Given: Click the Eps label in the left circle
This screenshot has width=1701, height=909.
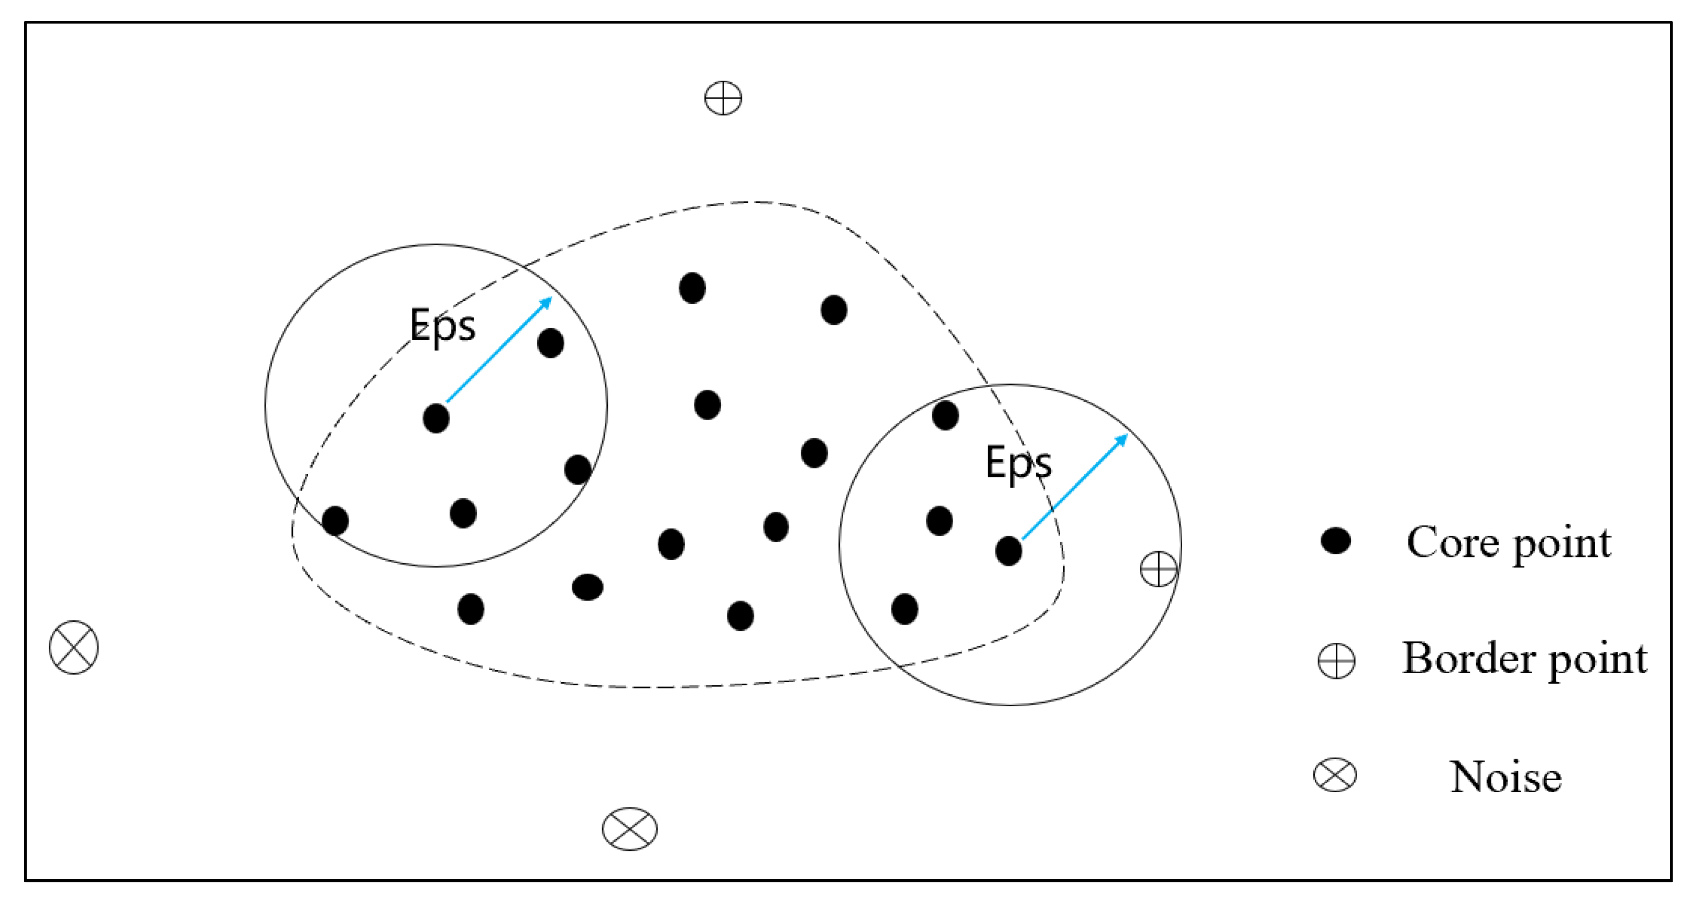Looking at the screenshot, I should point(442,325).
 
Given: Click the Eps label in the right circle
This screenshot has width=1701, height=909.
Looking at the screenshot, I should point(1018,462).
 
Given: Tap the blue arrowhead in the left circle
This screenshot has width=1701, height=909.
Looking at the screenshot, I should point(546,303).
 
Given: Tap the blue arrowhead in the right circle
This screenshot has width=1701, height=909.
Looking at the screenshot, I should point(1121,440).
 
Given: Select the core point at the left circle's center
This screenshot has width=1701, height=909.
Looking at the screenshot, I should point(436,418).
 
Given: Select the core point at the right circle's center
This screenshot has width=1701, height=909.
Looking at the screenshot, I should point(1008,551).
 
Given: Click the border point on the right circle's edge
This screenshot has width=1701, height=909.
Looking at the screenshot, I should point(1158,568).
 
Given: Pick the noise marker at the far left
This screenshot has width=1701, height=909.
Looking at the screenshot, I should point(74,647).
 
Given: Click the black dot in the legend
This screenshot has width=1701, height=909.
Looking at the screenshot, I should point(1335,541).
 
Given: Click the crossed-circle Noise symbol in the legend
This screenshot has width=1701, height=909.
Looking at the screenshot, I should point(1335,775).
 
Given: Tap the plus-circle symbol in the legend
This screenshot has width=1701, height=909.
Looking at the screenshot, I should point(1336,660).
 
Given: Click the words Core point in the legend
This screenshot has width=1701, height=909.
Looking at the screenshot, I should point(1508,543).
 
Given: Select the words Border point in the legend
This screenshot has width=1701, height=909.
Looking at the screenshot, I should point(1524,659).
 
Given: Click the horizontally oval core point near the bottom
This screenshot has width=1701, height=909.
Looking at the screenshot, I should point(587,586).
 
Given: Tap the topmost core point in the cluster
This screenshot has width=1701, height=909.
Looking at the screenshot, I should point(692,288).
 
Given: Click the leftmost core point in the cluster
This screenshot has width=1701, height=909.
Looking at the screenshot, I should point(335,520).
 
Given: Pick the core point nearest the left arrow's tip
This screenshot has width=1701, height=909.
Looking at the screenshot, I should point(550,343).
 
